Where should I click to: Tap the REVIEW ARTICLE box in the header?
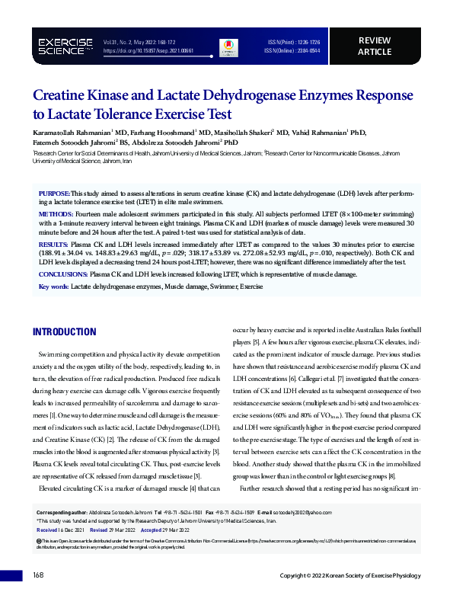(374, 46)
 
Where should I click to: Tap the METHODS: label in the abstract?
(55, 216)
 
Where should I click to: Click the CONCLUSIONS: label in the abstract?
(63, 274)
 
